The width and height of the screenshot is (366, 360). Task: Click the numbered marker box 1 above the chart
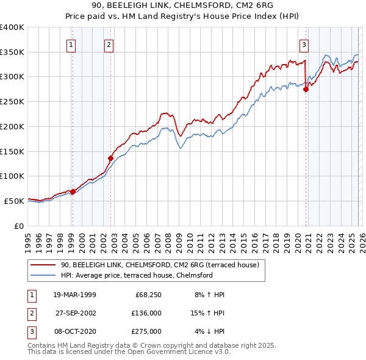click(72, 44)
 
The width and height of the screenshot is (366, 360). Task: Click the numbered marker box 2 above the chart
click(109, 44)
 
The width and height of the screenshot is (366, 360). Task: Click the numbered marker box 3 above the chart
click(304, 44)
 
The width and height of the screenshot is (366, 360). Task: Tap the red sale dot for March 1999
click(73, 192)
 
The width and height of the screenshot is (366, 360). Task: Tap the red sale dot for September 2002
click(110, 158)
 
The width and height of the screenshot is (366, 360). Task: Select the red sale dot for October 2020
click(306, 89)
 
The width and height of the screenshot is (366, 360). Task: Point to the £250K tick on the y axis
click(12, 102)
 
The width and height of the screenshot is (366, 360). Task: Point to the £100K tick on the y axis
click(12, 176)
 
